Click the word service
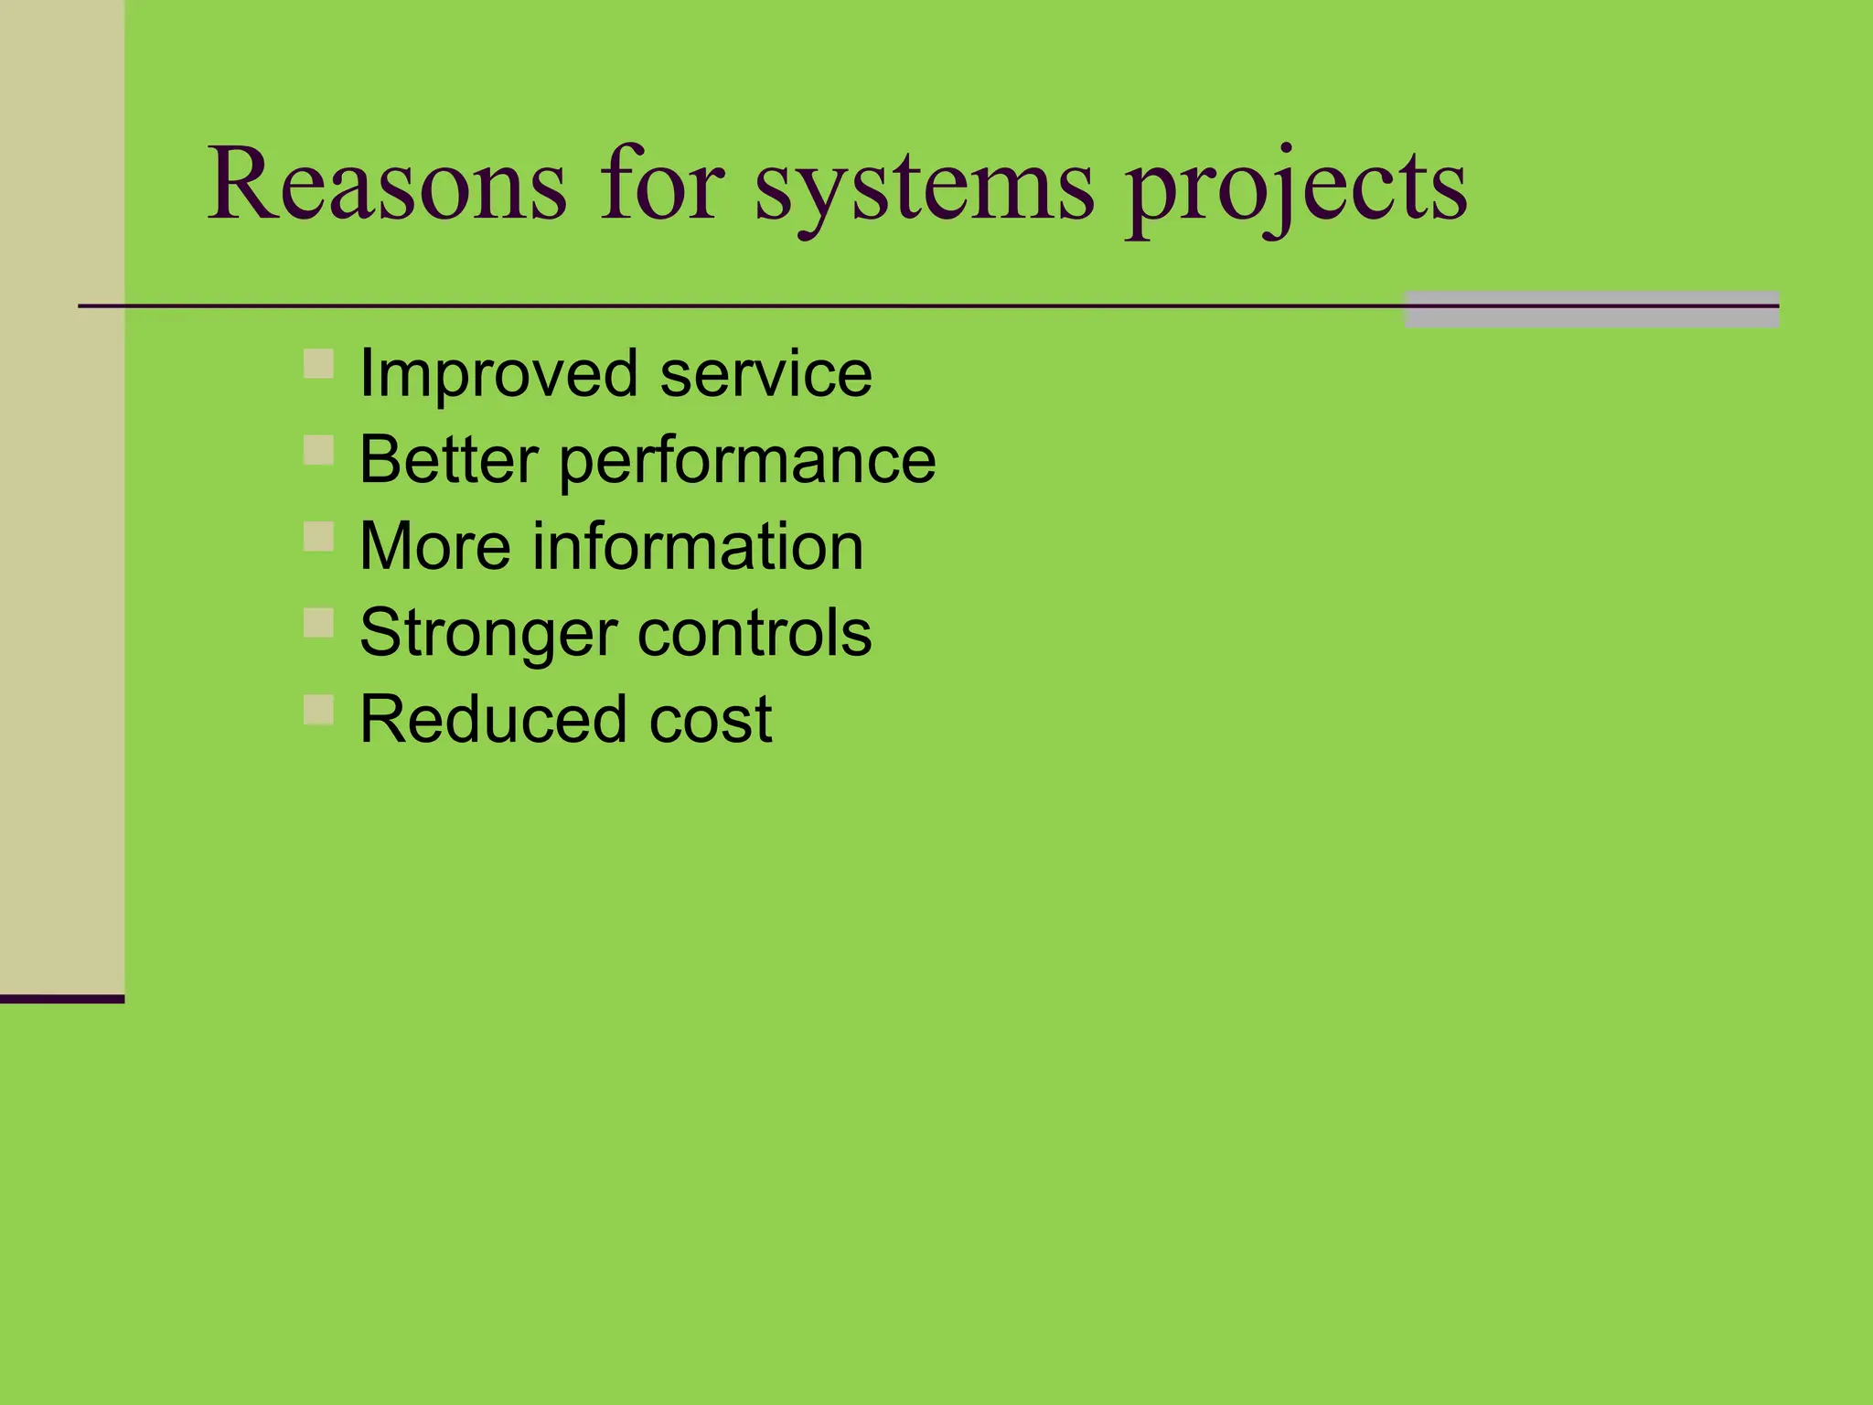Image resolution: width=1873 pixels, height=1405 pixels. click(766, 375)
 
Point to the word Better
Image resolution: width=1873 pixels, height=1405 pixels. click(448, 460)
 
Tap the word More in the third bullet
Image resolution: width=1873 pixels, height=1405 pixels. click(434, 547)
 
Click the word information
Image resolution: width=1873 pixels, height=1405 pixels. click(698, 547)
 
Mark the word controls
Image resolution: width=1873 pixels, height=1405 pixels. click(755, 633)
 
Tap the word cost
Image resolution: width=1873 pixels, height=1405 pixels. click(711, 720)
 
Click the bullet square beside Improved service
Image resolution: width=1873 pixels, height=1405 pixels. click(318, 363)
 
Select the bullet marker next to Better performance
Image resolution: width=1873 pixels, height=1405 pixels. click(318, 450)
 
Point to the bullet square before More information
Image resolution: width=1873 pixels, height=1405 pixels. click(318, 536)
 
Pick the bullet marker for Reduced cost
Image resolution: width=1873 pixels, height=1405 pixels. click(318, 709)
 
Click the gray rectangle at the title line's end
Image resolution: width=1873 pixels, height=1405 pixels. click(1591, 310)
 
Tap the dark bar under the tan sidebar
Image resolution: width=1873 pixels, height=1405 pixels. click(61, 999)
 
